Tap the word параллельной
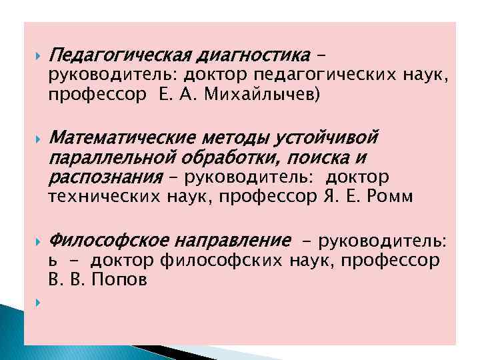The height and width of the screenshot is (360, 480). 110,158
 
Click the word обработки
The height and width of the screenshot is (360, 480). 225,158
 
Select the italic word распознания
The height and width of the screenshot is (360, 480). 105,178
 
